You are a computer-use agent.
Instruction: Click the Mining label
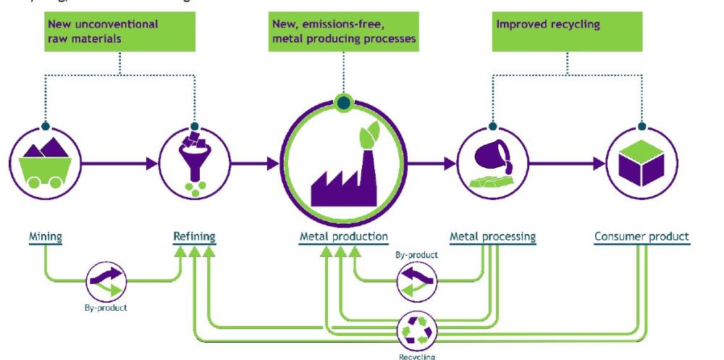point(45,236)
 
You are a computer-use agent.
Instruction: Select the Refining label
point(194,236)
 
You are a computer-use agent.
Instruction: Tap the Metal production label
point(344,236)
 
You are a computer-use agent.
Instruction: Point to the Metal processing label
point(492,236)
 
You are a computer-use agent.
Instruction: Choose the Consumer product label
point(641,236)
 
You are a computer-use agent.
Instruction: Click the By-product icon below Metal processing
point(416,281)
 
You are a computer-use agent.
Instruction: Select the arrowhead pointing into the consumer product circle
point(598,164)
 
